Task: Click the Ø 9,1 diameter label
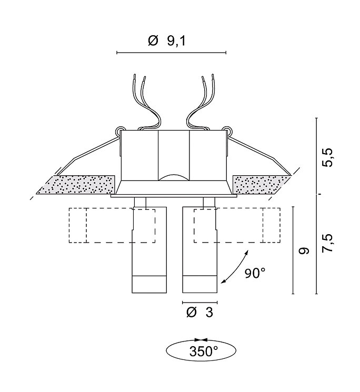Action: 167,41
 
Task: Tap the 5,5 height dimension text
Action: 327,157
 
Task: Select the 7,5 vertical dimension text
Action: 327,243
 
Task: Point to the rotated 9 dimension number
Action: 304,250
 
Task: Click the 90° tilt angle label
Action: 255,273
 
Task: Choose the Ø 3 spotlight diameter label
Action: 200,312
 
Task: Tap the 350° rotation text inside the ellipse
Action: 204,351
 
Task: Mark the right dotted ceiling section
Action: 262,185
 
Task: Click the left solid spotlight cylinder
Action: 149,250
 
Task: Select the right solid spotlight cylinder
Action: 200,250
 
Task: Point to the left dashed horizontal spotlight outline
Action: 112,225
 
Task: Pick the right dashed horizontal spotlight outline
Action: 237,225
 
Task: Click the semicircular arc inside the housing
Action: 174,177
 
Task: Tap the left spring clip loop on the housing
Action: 120,130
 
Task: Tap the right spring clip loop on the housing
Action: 227,130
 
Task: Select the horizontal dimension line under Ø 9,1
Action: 171,53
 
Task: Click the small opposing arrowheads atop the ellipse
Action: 201,340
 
